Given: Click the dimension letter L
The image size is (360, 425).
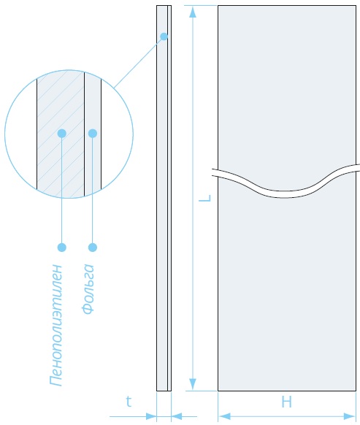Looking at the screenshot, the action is (205, 198).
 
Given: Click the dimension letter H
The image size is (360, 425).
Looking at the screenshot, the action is (286, 402).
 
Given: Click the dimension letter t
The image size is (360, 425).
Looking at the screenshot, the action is (129, 402).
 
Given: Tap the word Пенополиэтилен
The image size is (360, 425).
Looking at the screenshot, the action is (56, 325).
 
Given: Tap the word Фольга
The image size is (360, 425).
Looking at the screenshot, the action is (88, 289).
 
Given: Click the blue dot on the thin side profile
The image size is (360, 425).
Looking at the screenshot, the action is (164, 37).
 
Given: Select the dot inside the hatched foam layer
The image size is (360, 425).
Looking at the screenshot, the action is (62, 134).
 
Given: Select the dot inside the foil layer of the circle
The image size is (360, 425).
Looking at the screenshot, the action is (93, 134).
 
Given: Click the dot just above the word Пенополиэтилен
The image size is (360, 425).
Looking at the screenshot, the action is (62, 248).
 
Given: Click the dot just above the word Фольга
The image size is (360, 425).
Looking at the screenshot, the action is (93, 248).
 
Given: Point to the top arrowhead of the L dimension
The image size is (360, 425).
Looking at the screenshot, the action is (193, 12).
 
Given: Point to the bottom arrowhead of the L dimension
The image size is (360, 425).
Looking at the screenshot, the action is (193, 384).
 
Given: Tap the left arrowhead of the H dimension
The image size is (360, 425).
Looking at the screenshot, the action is (224, 416).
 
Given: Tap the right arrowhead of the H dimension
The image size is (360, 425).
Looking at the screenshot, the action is (350, 416).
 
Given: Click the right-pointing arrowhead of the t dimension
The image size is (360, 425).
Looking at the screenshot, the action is (151, 416).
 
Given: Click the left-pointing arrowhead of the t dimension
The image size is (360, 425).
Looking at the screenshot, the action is (177, 416).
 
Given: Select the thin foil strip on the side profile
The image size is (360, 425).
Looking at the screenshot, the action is (169, 198).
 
